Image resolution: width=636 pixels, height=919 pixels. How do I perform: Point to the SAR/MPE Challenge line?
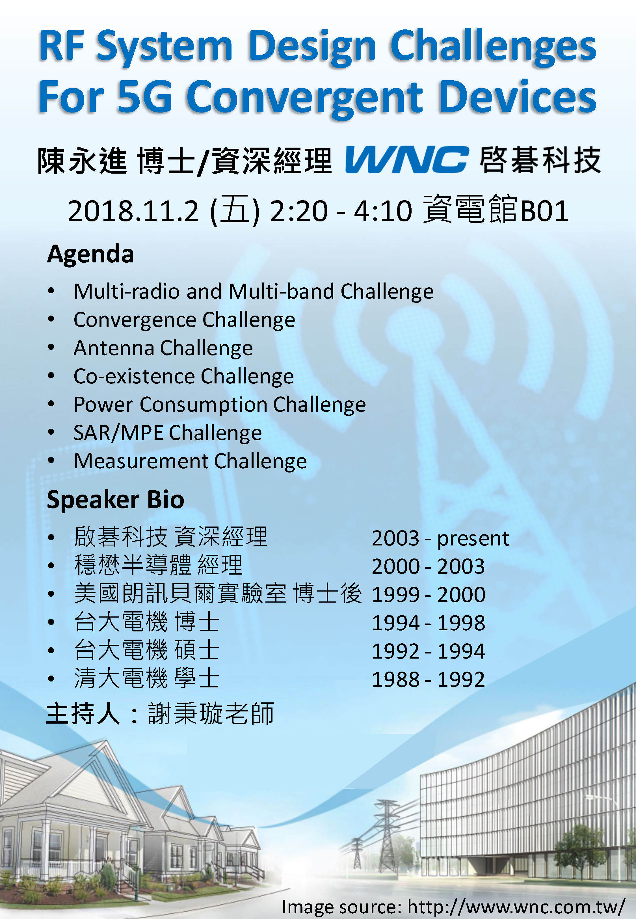pyautogui.click(x=168, y=433)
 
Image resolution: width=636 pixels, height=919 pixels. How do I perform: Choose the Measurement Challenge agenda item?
pyautogui.click(x=190, y=461)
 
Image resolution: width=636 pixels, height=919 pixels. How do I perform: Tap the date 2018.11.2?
pyautogui.click(x=133, y=211)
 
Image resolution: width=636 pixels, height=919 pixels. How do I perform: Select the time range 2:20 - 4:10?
pyautogui.click(x=341, y=211)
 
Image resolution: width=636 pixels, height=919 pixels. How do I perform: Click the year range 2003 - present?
pyautogui.click(x=440, y=539)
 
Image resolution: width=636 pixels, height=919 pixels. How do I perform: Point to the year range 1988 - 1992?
pyautogui.click(x=429, y=679)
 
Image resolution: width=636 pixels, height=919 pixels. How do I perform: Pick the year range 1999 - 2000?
pyautogui.click(x=429, y=595)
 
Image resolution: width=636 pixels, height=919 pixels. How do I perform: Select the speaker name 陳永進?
pyautogui.click(x=82, y=160)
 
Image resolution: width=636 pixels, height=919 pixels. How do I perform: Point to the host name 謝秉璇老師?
pyautogui.click(x=211, y=713)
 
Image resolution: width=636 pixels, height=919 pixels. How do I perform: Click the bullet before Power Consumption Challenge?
pyautogui.click(x=51, y=405)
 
